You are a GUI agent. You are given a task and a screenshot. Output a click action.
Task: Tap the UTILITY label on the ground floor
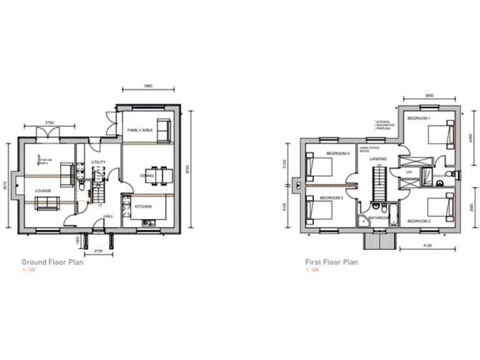point(98,162)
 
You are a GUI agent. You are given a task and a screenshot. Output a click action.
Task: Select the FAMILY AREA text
point(140,129)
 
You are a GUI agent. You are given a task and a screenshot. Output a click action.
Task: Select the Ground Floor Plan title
point(53,262)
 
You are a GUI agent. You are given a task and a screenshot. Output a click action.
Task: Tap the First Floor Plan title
point(332,262)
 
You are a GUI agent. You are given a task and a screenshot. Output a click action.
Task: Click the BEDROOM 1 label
point(419,118)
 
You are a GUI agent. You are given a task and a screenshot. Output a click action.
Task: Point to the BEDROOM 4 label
point(337,153)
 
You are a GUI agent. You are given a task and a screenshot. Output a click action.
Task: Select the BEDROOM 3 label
point(332,197)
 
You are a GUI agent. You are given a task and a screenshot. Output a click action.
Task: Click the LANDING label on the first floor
point(378,159)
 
